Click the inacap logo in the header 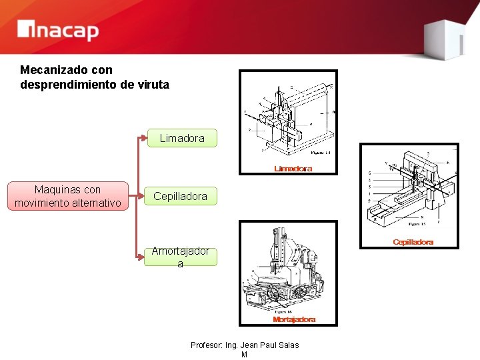click(x=58, y=30)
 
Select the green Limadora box click(x=182, y=138)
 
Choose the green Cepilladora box click(x=180, y=196)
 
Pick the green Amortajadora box click(x=180, y=257)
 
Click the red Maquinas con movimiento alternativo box click(x=67, y=196)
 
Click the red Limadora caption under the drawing click(x=293, y=169)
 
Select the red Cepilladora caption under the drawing click(x=413, y=242)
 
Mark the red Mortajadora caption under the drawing click(x=294, y=319)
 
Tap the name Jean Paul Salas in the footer click(x=269, y=345)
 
